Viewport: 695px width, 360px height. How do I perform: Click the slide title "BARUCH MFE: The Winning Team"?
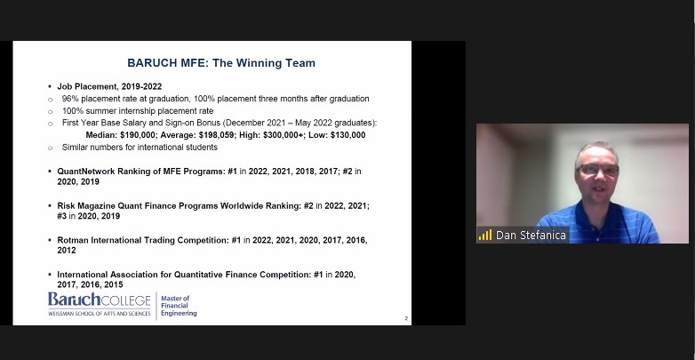pyautogui.click(x=221, y=63)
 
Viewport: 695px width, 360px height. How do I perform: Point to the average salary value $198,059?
pyautogui.click(x=216, y=135)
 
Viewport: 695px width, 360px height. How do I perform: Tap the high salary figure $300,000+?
pyautogui.click(x=284, y=135)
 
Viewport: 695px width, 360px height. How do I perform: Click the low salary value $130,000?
pyautogui.click(x=347, y=135)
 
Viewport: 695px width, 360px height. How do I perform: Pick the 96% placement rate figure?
pyautogui.click(x=69, y=99)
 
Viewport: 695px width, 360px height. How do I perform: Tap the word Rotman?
pyautogui.click(x=73, y=240)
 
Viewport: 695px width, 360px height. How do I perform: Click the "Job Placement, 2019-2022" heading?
pyautogui.click(x=109, y=86)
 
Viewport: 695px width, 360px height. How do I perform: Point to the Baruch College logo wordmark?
pyautogui.click(x=100, y=300)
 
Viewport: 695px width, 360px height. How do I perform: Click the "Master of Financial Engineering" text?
pyautogui.click(x=179, y=306)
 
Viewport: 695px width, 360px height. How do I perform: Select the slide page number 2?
pyautogui.click(x=406, y=318)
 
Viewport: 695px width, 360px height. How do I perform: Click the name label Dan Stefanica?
pyautogui.click(x=531, y=235)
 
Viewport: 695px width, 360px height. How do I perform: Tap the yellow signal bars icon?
pyautogui.click(x=485, y=235)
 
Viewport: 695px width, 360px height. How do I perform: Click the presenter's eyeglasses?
pyautogui.click(x=598, y=170)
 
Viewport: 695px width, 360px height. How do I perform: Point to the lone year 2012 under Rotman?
pyautogui.click(x=67, y=251)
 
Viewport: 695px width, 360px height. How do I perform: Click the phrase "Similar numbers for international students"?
pyautogui.click(x=140, y=148)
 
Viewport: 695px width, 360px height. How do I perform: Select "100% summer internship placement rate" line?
pyautogui.click(x=138, y=111)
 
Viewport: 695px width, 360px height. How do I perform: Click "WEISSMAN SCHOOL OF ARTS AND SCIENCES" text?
pyautogui.click(x=100, y=314)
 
